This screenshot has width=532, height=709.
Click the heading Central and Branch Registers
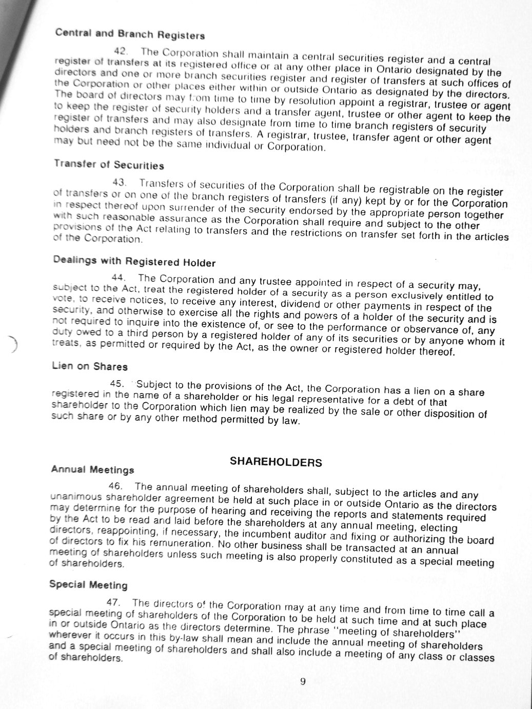click(x=130, y=34)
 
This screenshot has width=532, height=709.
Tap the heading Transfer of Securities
click(x=109, y=165)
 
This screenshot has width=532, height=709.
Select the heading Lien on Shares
click(x=89, y=366)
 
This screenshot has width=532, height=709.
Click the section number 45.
click(x=117, y=383)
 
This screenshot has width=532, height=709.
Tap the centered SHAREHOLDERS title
click(x=276, y=462)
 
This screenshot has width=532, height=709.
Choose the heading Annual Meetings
click(x=92, y=469)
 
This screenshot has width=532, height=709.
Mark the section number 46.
click(x=116, y=486)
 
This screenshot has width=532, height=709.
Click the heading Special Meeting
click(x=88, y=584)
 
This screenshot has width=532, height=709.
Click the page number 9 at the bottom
click(x=303, y=681)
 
